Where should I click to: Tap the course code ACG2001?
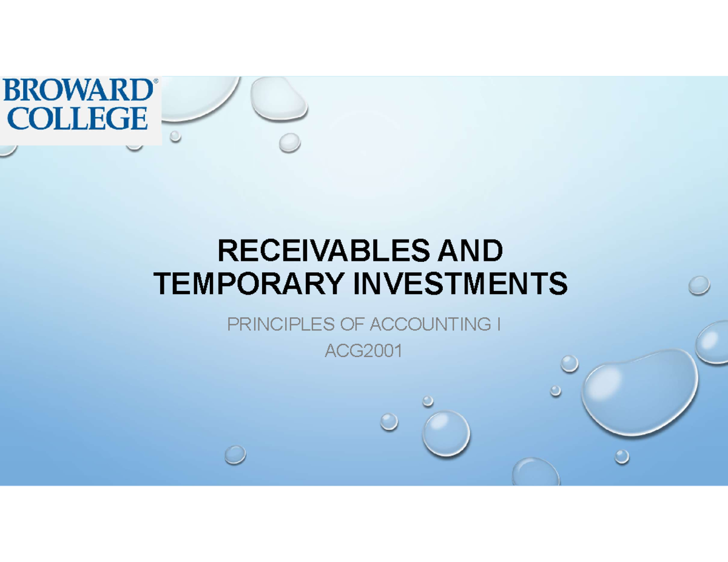pyautogui.click(x=364, y=351)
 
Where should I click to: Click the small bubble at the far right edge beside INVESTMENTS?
pyautogui.click(x=699, y=284)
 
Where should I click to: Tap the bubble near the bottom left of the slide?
pyautogui.click(x=235, y=454)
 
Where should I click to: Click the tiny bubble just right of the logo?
pyautogui.click(x=175, y=136)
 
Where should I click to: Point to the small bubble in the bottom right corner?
pyautogui.click(x=622, y=457)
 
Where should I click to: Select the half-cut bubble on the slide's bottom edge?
pyautogui.click(x=536, y=473)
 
